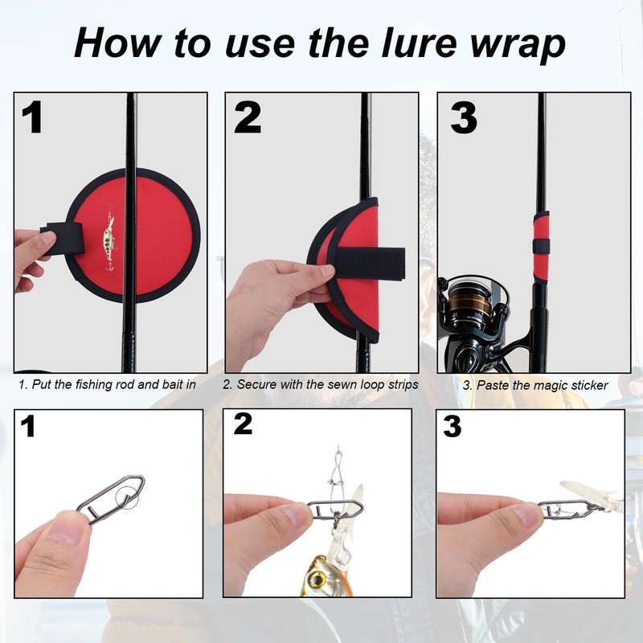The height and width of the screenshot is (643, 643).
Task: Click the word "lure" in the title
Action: pos(419,43)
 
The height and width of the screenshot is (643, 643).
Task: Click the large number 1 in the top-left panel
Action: pos(32,117)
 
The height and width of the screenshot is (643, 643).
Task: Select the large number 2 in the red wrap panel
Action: pos(248,117)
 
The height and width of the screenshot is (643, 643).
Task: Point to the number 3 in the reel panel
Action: pos(464,117)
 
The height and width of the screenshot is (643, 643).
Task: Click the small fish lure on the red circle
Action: pos(109,238)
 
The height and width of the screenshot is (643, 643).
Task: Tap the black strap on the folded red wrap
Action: pos(368,263)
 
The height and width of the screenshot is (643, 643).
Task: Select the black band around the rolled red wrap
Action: pos(541,246)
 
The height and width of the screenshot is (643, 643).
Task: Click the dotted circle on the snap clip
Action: pos(127,498)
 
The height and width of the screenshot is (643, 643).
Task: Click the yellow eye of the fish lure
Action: pos(316,579)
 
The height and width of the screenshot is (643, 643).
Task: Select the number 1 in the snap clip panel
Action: pos(27,426)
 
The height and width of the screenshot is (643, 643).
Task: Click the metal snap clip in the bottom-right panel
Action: pos(566,510)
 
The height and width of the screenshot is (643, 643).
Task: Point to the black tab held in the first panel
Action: pos(64,239)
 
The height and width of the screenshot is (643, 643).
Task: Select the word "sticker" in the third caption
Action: pos(588,386)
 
